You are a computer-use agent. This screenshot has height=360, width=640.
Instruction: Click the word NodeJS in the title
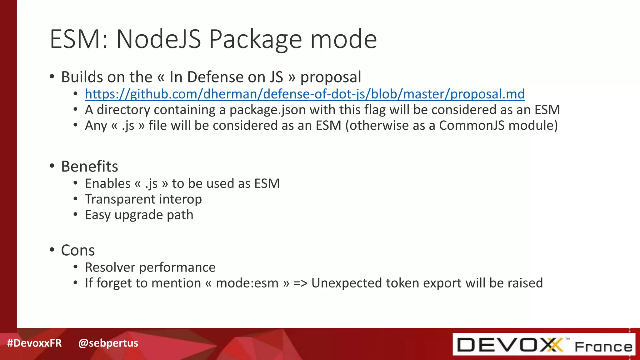[x=158, y=39]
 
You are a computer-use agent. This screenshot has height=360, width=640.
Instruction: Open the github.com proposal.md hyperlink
[x=305, y=94]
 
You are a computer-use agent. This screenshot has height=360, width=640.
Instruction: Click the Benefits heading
[x=90, y=167]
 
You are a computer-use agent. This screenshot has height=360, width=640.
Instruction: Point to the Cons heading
[x=78, y=250]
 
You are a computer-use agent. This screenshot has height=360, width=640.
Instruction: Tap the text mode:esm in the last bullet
[x=247, y=283]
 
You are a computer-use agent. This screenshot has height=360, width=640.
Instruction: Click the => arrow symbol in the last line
[x=300, y=283]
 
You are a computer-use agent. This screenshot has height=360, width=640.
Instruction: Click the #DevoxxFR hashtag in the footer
[x=34, y=343]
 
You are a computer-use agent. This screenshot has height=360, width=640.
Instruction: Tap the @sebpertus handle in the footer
[x=108, y=343]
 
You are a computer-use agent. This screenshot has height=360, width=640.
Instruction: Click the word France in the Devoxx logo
[x=603, y=347]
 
